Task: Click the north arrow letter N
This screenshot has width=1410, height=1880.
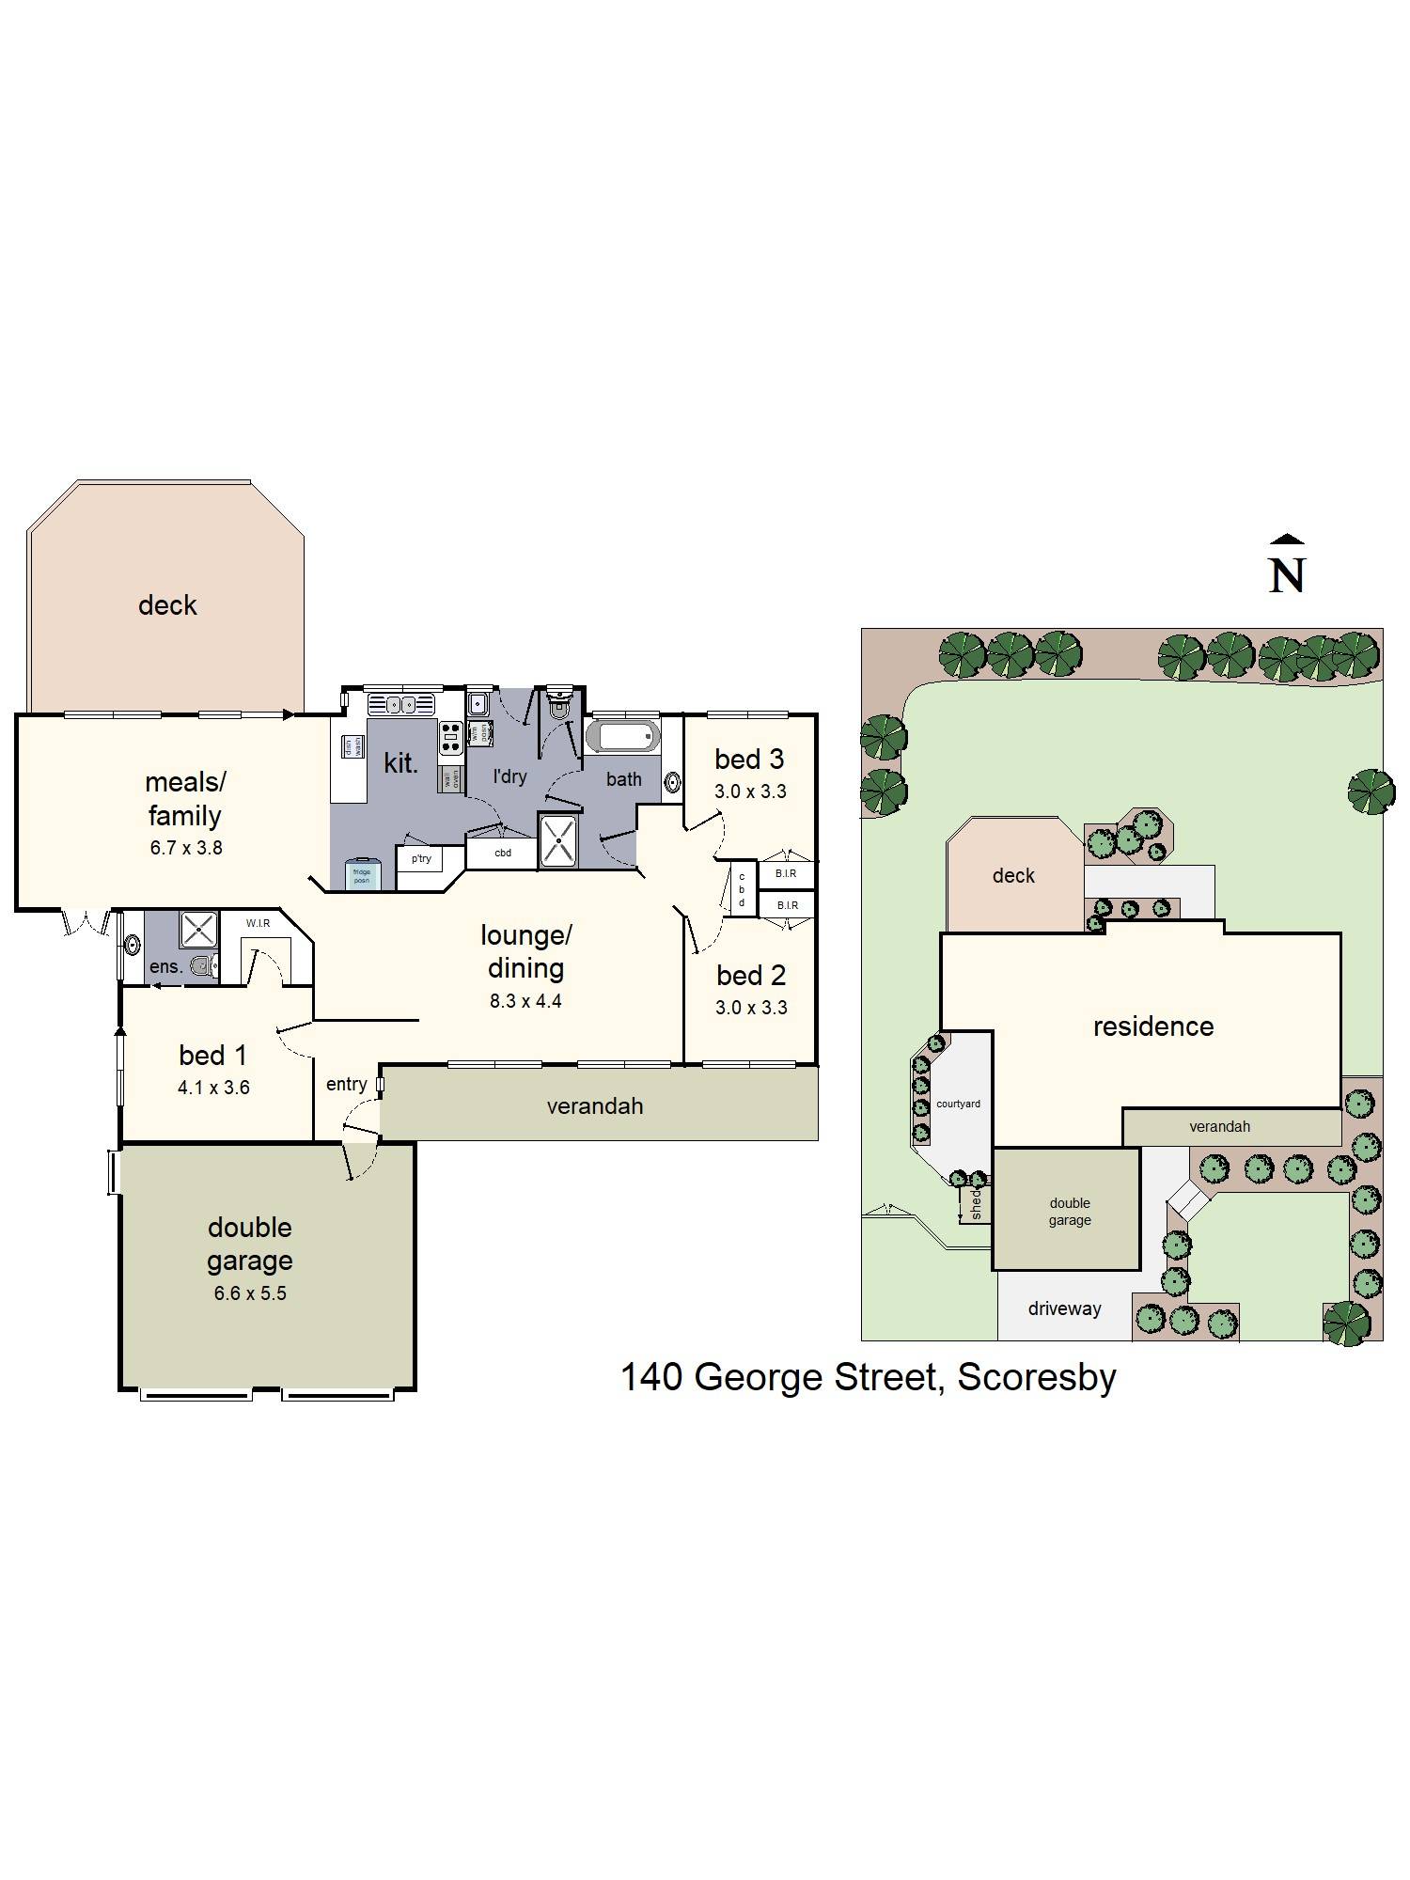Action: [1287, 575]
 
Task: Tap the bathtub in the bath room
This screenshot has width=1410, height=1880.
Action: [622, 736]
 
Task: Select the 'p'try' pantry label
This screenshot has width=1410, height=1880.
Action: [421, 858]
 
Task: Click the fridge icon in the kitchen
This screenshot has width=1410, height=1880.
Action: [362, 875]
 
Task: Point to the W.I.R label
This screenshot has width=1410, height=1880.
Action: [258, 923]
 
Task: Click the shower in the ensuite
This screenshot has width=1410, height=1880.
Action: [198, 929]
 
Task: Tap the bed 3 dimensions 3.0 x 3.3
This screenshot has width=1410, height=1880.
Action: [749, 791]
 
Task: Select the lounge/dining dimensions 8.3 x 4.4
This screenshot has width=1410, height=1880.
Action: [525, 1001]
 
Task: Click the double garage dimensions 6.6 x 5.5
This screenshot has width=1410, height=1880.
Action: [250, 1293]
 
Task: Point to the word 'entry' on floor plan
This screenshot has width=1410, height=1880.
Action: [346, 1084]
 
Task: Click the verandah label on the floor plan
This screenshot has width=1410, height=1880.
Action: [595, 1106]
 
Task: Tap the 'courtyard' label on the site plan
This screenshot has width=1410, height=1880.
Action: [958, 1104]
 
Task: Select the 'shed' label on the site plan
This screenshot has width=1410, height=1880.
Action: [976, 1202]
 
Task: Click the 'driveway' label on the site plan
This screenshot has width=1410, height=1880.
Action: [1064, 1308]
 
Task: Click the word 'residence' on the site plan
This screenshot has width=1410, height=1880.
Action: [1153, 1026]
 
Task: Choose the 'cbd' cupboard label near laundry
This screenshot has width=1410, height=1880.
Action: [503, 854]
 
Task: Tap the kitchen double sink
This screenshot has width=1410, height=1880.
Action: [401, 704]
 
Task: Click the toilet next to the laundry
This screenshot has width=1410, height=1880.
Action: [559, 707]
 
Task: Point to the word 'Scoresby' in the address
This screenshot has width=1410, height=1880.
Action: [1037, 1377]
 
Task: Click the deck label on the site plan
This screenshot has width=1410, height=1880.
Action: [1013, 876]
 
